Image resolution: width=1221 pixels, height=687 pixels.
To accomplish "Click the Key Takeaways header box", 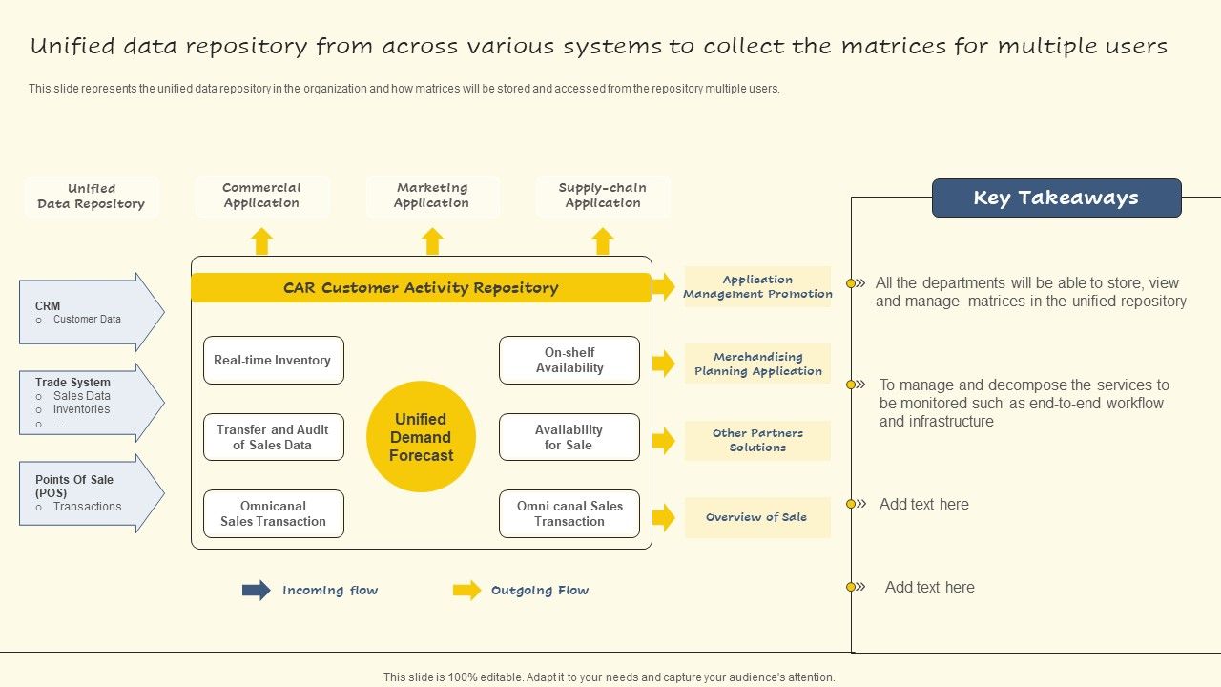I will click(1056, 198).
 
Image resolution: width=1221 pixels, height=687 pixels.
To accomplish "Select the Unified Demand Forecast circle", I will click(421, 437).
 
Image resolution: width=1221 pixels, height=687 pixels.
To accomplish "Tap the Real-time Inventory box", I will click(273, 361).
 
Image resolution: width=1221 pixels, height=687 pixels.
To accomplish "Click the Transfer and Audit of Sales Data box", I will click(273, 437).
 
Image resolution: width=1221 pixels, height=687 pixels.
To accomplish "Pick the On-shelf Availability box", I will click(569, 361).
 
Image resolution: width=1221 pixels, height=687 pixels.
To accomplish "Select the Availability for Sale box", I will click(569, 437).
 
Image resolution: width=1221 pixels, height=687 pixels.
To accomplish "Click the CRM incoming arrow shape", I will click(91, 312).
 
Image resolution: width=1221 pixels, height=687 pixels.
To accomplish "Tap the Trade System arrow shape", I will click(91, 403).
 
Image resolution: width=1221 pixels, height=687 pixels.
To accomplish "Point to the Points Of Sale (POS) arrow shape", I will click(91, 493).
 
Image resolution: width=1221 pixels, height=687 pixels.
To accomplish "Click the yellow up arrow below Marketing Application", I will click(433, 241).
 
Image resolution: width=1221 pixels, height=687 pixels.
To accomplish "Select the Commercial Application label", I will click(261, 196).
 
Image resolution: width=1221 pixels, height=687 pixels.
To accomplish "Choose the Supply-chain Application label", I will click(602, 196).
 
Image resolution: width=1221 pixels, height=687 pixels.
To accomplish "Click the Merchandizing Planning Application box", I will click(757, 364).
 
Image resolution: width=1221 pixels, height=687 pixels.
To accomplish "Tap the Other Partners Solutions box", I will click(757, 441).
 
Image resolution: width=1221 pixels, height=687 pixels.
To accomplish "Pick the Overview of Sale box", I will click(757, 517).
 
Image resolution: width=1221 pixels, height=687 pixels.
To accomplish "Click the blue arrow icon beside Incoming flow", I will click(256, 591).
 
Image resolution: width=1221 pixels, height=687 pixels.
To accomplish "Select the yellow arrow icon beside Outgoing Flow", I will click(466, 591).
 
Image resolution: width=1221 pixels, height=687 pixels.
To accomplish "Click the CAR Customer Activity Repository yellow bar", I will click(421, 288).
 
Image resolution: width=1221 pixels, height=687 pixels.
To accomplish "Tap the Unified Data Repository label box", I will click(92, 197).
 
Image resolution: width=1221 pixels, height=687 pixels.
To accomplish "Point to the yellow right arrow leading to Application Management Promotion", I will click(664, 286).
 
